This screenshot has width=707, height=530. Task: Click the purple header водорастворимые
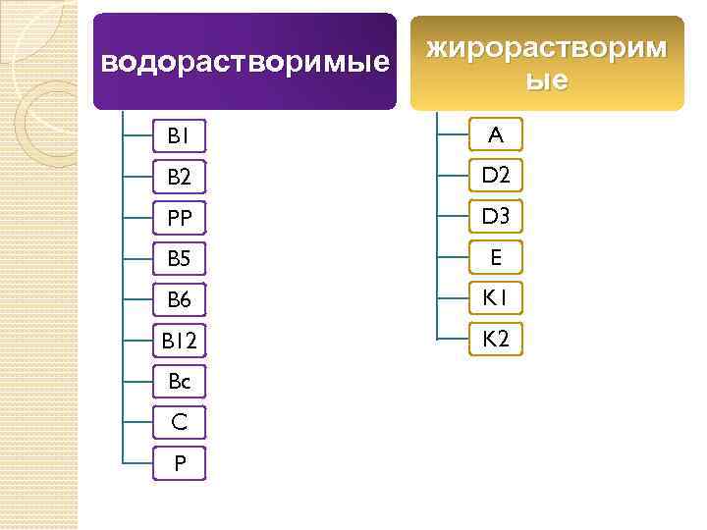click(245, 62)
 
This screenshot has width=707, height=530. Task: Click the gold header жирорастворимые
click(546, 64)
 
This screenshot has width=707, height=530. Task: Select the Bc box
click(179, 383)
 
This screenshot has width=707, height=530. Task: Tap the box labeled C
click(179, 423)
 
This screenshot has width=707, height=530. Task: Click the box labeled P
click(179, 463)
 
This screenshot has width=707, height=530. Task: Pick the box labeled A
click(496, 134)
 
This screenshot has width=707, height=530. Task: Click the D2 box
click(496, 176)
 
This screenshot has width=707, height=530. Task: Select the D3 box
click(496, 216)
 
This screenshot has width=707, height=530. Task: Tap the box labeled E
click(496, 257)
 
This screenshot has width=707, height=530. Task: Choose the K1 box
click(496, 297)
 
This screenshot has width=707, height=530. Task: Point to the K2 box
click(496, 339)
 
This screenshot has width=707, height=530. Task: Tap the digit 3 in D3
click(505, 216)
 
